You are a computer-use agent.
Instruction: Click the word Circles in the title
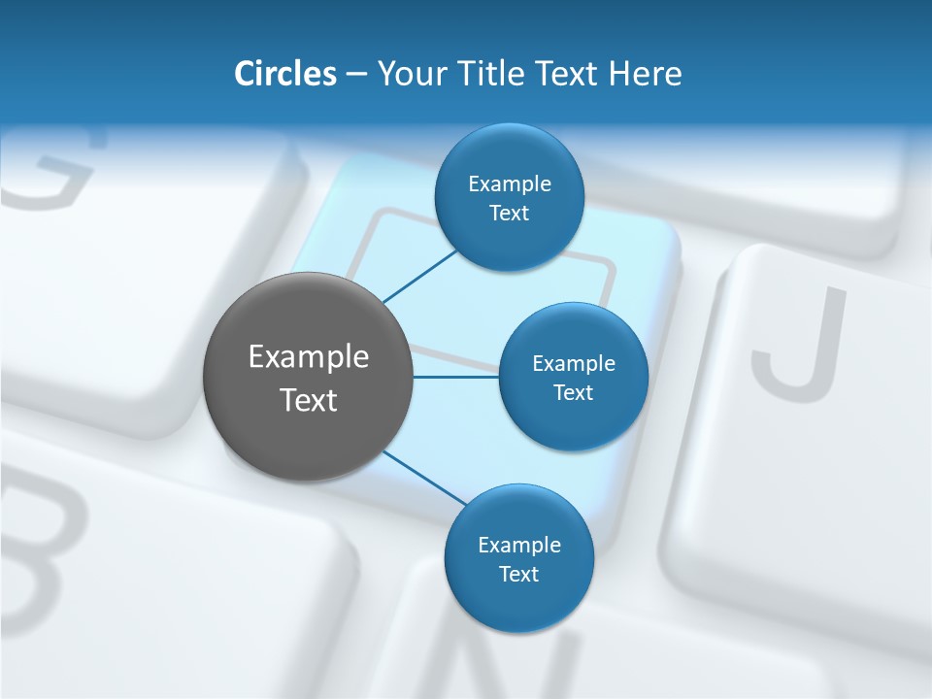click(285, 74)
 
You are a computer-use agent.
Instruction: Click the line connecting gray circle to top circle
click(419, 276)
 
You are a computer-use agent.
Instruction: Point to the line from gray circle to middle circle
click(456, 377)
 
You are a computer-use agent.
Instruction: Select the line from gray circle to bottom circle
click(425, 478)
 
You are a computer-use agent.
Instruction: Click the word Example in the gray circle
click(309, 357)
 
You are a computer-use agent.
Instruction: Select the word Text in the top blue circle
click(509, 214)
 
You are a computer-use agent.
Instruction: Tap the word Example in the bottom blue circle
click(519, 545)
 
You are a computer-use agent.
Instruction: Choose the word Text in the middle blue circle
click(573, 392)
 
